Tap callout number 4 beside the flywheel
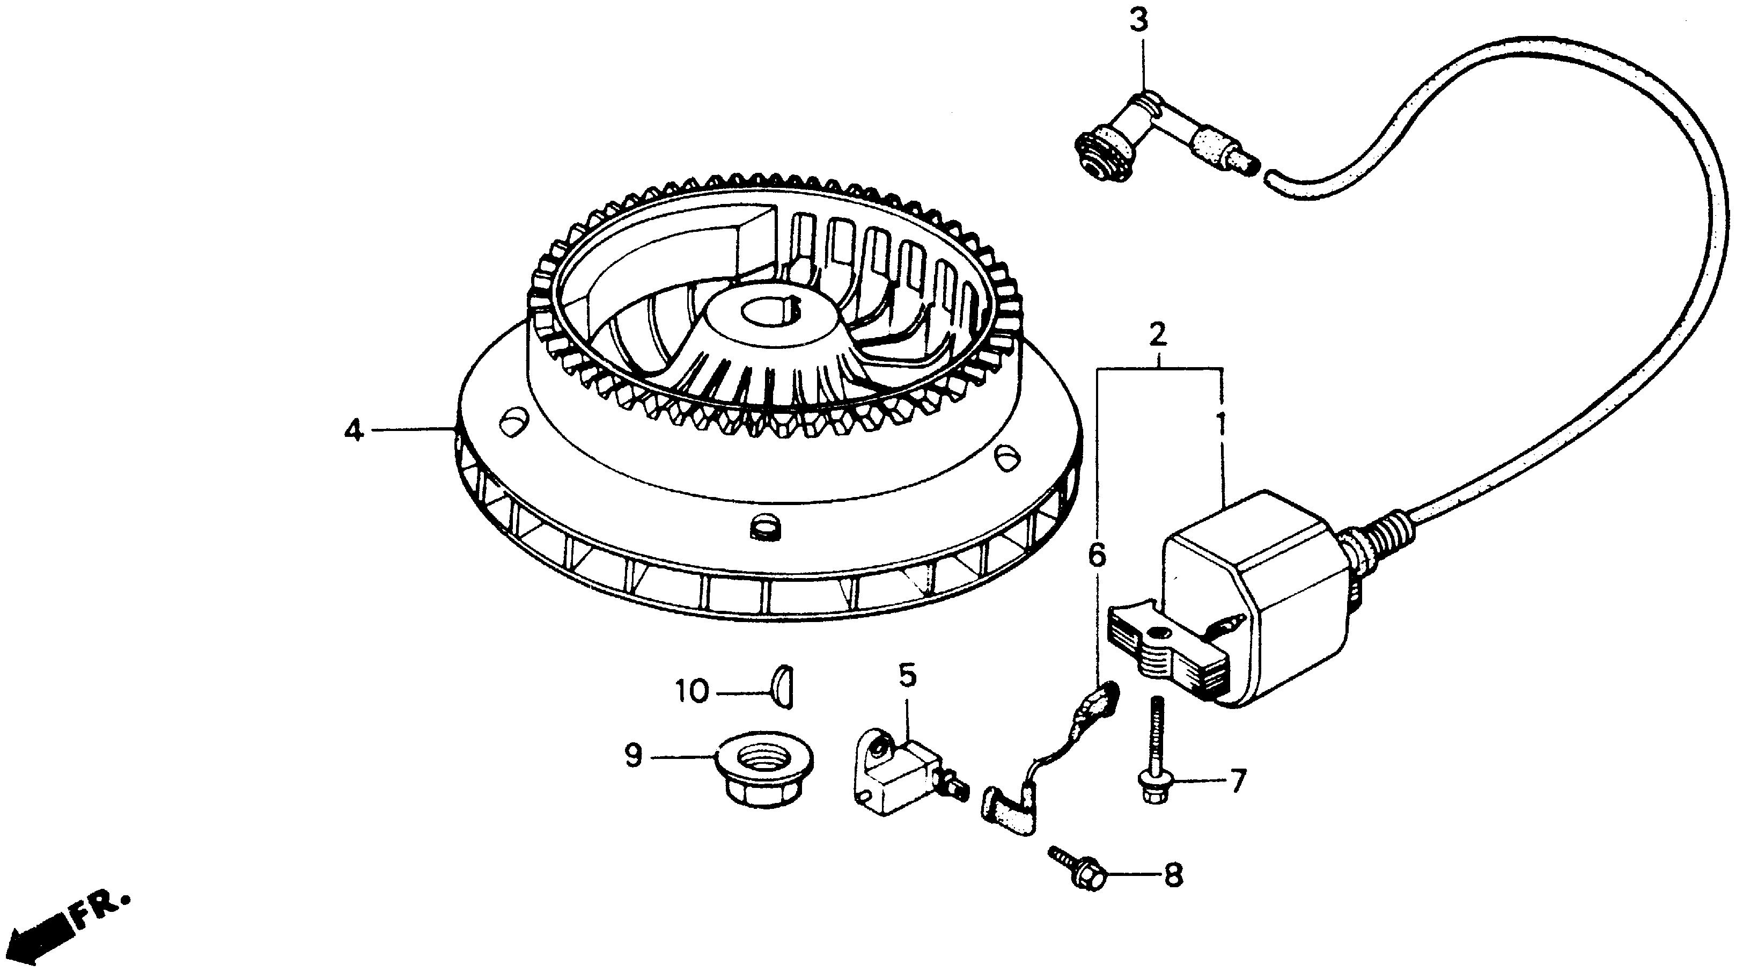[x=353, y=429]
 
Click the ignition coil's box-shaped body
[x=1259, y=596]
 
